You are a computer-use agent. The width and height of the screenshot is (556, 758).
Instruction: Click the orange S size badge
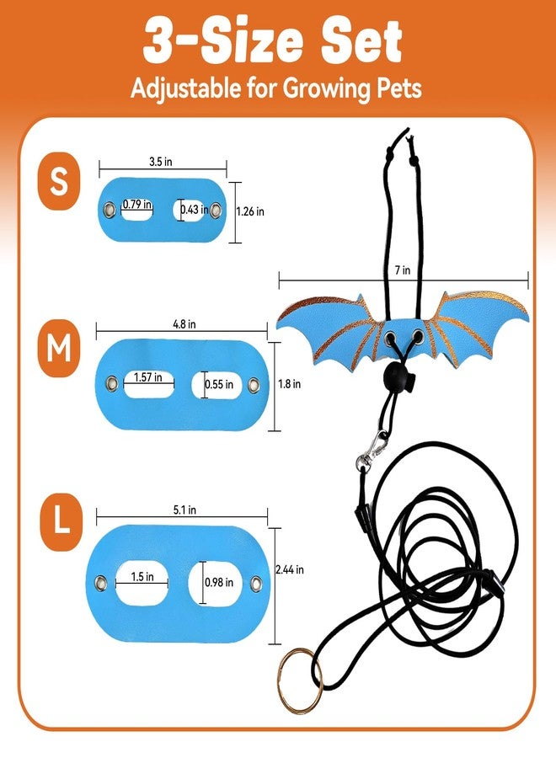pyautogui.click(x=58, y=181)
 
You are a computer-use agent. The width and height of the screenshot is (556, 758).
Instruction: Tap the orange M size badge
pyautogui.click(x=58, y=348)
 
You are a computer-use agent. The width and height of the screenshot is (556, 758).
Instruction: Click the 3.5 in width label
pyautogui.click(x=161, y=162)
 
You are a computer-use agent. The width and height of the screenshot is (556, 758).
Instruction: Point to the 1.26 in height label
pyautogui.click(x=250, y=211)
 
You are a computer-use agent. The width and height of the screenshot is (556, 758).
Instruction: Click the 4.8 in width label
pyautogui.click(x=184, y=324)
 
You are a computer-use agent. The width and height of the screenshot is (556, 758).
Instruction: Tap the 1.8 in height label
pyautogui.click(x=289, y=384)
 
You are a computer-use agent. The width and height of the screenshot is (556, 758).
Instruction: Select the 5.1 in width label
pyautogui.click(x=184, y=510)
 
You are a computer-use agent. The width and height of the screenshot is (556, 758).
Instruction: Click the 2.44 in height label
pyautogui.click(x=290, y=570)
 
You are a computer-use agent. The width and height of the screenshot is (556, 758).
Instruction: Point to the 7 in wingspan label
pyautogui.click(x=402, y=270)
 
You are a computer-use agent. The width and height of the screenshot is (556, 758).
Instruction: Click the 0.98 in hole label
pyautogui.click(x=219, y=583)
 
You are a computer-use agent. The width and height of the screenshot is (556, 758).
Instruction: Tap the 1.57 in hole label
pyautogui.click(x=148, y=377)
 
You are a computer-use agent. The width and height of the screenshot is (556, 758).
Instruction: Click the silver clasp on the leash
pyautogui.click(x=372, y=450)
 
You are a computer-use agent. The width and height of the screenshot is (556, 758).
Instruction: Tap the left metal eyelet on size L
pyautogui.click(x=100, y=582)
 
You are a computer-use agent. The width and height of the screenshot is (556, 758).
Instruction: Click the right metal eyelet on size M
pyautogui.click(x=254, y=385)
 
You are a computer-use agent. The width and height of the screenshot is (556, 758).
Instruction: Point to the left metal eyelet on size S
pyautogui.click(x=109, y=210)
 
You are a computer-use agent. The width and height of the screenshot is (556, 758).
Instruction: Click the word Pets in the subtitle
pyautogui.click(x=399, y=88)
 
